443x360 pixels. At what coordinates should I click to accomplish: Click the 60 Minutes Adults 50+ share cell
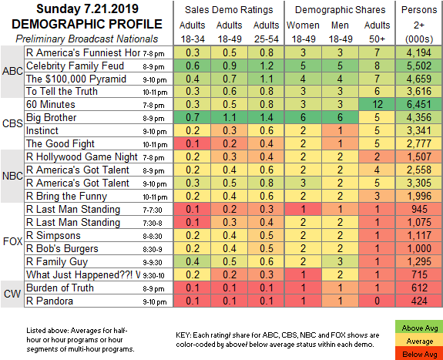coord(377,104)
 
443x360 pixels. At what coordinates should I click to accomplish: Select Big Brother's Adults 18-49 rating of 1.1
coord(229,117)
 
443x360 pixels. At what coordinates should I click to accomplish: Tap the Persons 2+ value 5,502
coord(419,66)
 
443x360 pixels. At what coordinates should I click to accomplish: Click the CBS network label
coord(12,123)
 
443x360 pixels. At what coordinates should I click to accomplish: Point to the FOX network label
coord(12,241)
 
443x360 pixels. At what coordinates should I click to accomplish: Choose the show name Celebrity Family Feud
coord(76,66)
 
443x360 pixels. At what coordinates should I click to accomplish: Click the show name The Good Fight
coord(60,143)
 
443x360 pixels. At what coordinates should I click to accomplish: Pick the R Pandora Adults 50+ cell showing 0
coord(377,301)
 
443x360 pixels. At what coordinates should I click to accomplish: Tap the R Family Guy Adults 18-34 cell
coord(193,261)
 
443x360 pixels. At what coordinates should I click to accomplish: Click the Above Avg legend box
coord(420,328)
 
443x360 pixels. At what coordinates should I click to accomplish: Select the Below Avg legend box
coord(420,354)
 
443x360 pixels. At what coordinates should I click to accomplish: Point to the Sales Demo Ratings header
coord(229,10)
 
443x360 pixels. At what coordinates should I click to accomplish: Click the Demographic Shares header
coord(341,10)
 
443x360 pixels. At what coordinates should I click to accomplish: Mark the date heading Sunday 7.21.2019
coord(87,8)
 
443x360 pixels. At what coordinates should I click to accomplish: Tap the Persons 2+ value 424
coord(419,301)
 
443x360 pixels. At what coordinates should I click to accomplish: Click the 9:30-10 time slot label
coord(153,275)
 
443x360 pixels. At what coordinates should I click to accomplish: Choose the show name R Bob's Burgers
coord(62,248)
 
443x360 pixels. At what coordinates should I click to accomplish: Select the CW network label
coord(12,294)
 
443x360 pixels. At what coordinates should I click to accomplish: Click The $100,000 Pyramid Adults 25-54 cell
coord(266,79)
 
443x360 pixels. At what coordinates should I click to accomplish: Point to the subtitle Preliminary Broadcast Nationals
coord(87,39)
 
